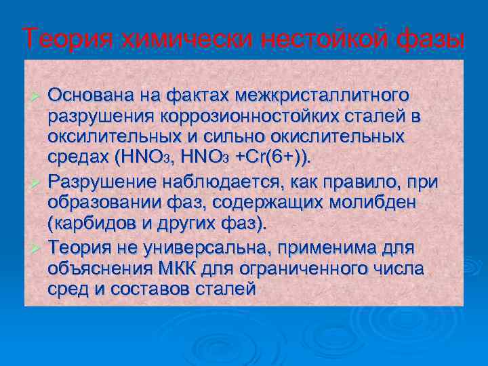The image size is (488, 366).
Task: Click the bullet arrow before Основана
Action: (x=37, y=94)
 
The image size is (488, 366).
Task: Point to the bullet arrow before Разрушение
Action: (x=37, y=183)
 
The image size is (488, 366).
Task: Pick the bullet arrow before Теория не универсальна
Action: (x=37, y=248)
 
